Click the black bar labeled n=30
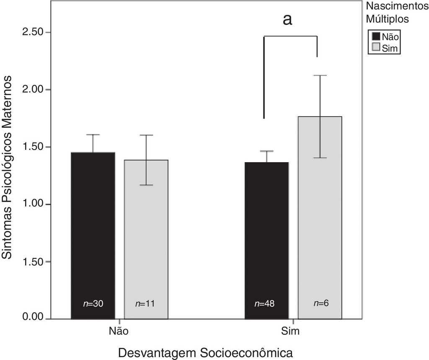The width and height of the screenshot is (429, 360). [x=93, y=235]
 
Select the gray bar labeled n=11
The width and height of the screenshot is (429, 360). [x=146, y=239]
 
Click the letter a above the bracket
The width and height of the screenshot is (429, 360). [x=287, y=19]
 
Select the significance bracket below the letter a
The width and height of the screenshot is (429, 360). [x=290, y=36]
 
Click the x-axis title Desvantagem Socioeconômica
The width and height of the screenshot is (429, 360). [x=205, y=352]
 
